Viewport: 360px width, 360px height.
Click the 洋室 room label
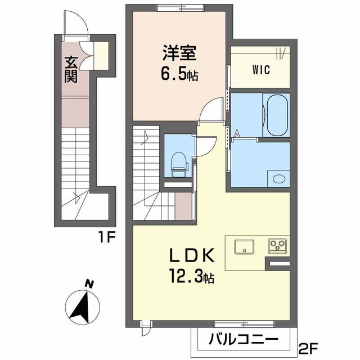(x=179, y=53)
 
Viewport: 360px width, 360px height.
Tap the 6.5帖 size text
(x=179, y=74)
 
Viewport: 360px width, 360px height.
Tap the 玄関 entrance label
(x=70, y=69)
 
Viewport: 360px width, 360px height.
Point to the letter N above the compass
(x=88, y=283)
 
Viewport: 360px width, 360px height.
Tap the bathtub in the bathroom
(x=277, y=115)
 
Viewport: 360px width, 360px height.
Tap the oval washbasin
(x=278, y=179)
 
